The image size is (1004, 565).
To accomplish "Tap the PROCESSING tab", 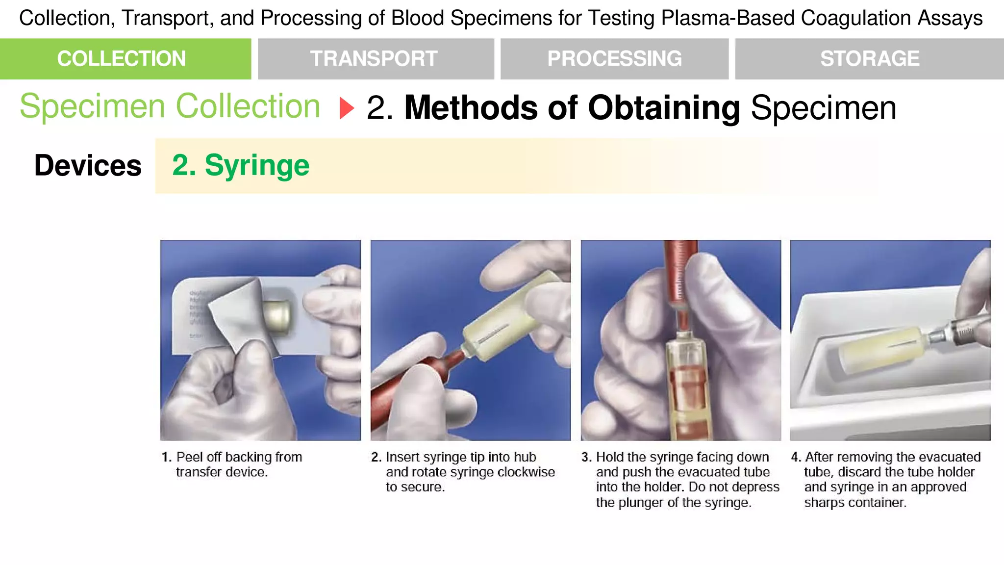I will coord(614,59).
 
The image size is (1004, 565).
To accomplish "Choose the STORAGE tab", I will coord(869,59).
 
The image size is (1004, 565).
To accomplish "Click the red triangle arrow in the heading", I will coord(347,108).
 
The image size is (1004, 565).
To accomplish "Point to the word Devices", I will coord(88,165).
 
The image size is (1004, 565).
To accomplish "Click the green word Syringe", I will coord(257,165).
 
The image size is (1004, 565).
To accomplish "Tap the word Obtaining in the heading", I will coord(664,108).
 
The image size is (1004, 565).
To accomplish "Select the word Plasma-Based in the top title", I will coord(728,18).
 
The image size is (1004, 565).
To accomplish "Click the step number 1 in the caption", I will coord(166,457).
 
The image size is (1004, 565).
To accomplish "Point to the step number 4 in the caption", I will coord(796,457).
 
